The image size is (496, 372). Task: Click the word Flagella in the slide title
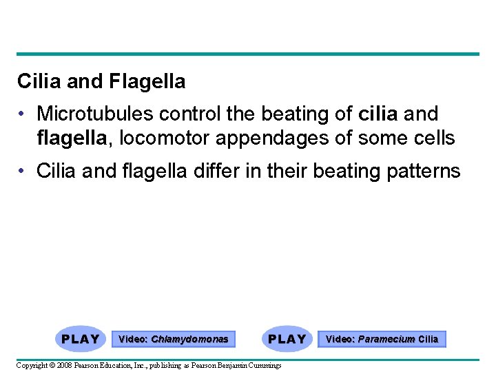[147, 82]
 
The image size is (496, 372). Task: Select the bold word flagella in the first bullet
[70, 138]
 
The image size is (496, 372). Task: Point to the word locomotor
[165, 138]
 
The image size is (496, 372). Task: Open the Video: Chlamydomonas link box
[173, 339]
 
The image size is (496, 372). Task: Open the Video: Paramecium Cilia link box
[382, 339]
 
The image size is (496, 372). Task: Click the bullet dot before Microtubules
[23, 114]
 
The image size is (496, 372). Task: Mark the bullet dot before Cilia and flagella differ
[23, 171]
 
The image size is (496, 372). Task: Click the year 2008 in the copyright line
[63, 365]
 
